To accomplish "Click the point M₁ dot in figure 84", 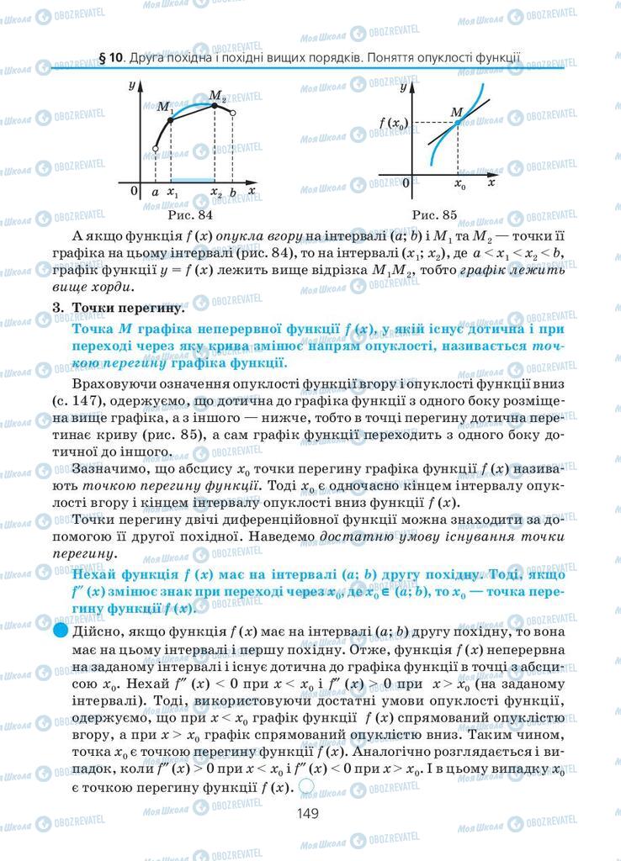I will [x=171, y=120].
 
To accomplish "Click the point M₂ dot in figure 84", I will [x=215, y=103].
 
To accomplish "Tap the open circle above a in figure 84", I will [x=155, y=149].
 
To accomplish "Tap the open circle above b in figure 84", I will [x=233, y=112].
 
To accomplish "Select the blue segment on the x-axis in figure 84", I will [x=193, y=180].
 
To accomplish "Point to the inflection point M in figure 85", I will [x=458, y=123].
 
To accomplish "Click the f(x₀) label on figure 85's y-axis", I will [x=393, y=124].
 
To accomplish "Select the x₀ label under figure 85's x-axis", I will [x=459, y=183].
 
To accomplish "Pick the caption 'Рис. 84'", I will [x=190, y=215].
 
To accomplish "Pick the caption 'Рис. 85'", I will [x=435, y=215].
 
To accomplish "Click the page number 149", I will [x=309, y=812].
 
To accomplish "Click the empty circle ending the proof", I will [x=306, y=787].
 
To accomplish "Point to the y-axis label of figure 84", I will [x=133, y=86].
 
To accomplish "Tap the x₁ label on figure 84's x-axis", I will [x=172, y=192].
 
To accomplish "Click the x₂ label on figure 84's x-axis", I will [x=215, y=192].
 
